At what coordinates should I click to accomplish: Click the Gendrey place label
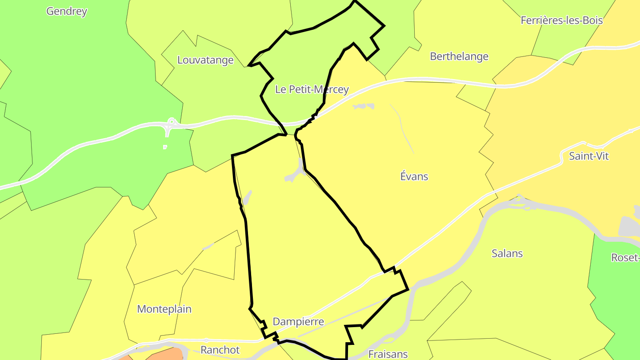tap(67, 11)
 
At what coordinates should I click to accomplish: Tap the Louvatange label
tap(205, 60)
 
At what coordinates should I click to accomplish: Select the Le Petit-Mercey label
tap(312, 89)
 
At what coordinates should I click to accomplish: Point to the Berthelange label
tap(459, 56)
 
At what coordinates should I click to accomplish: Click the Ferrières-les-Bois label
tap(561, 20)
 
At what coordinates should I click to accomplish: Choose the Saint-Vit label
tap(588, 156)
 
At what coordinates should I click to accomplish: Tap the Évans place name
tap(414, 176)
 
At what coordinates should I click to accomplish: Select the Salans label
tap(507, 253)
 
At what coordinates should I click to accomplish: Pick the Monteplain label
tap(164, 309)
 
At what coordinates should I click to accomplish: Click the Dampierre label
tap(298, 321)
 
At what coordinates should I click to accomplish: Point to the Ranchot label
tap(220, 350)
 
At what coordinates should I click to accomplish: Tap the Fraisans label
tap(388, 354)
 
